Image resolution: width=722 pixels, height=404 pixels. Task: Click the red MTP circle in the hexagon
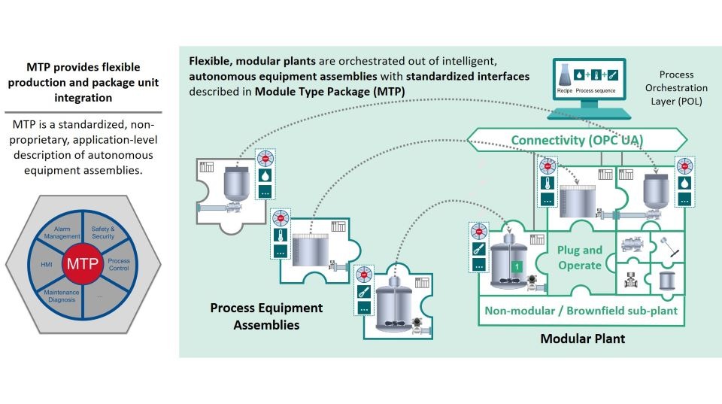81,264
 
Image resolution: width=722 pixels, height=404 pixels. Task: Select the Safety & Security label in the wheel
103,232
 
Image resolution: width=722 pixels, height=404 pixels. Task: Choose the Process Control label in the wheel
119,264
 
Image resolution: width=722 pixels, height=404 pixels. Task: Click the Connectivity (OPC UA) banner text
577,140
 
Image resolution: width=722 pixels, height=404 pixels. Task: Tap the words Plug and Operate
580,257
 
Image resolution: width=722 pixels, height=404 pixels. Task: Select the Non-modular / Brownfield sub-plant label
581,310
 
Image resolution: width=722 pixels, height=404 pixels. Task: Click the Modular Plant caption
582,339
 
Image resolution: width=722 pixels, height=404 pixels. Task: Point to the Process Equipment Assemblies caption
266,316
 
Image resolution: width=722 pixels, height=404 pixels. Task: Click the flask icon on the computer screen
564,76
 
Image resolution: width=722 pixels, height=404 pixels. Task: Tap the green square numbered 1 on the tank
517,266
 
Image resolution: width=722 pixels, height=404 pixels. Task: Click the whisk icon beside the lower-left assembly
364,290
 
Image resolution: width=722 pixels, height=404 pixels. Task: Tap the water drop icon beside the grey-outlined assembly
265,175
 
